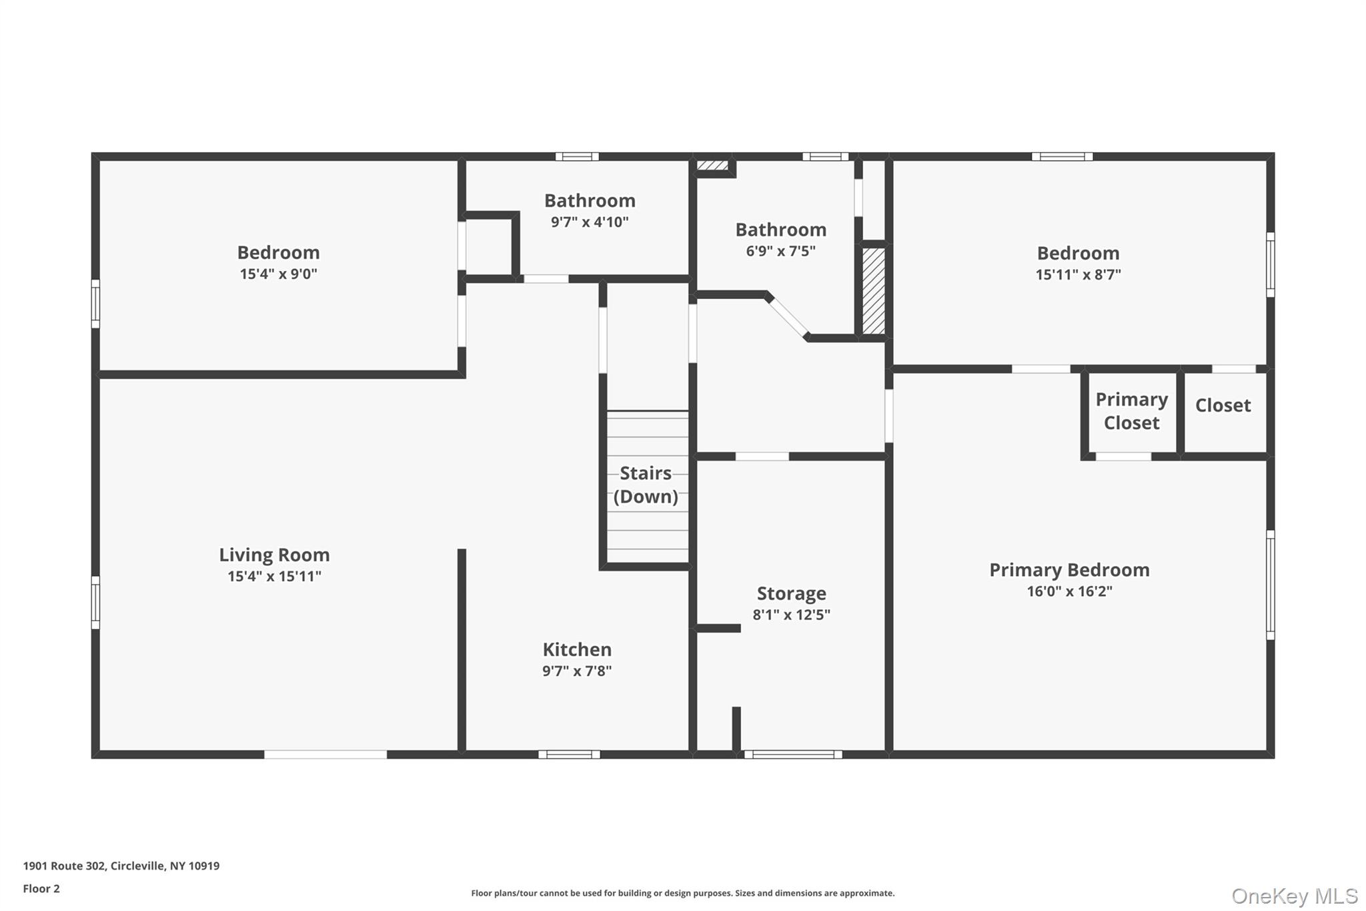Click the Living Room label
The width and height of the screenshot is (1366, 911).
coord(274,555)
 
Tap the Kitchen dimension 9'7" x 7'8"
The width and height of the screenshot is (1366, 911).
coord(577,671)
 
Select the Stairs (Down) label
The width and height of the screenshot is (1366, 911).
coord(646,485)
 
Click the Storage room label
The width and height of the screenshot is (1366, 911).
coord(791,593)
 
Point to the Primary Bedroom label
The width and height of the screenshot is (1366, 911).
coord(1069,570)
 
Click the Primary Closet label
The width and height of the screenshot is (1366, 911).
coord(1131,411)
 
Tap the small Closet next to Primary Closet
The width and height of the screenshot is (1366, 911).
coord(1223,406)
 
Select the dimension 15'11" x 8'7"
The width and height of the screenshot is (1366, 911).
coord(1078,274)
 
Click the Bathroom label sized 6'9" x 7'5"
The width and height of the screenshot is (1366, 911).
coord(780,230)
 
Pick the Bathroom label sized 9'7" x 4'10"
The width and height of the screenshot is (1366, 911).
coord(590,201)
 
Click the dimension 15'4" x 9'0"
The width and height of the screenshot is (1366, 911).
coord(278,274)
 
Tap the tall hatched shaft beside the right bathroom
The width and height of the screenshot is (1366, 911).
coord(873,291)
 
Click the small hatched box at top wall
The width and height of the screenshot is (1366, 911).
coord(712,165)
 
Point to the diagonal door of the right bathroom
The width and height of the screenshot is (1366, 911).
coord(788,317)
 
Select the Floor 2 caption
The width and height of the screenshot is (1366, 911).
coord(41,888)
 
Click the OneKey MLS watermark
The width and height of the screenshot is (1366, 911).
coord(1294,896)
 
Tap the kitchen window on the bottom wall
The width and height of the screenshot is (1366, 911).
coord(569,754)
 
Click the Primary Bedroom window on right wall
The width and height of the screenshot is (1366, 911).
coord(1270,585)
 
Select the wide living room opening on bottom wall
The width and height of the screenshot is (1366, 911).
coord(325,754)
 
